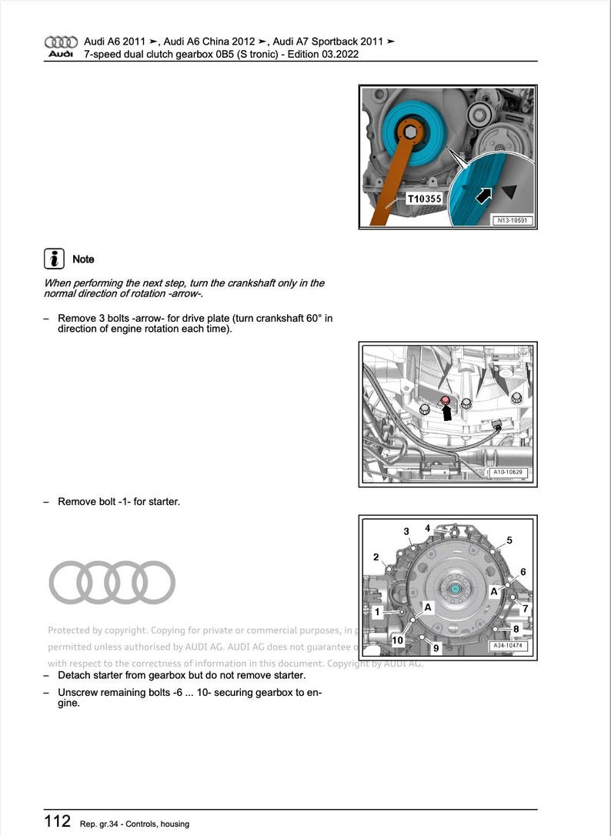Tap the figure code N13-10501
click(x=513, y=221)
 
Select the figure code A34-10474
click(x=510, y=646)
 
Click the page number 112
click(x=57, y=821)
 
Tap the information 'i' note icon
click(x=53, y=259)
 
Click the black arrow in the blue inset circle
click(x=484, y=196)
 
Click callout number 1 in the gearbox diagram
click(x=377, y=611)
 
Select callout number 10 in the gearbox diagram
click(x=397, y=640)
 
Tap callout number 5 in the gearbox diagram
click(x=509, y=540)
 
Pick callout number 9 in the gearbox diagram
click(x=436, y=648)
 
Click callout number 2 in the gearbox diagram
click(x=376, y=557)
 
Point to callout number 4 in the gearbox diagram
click(x=428, y=528)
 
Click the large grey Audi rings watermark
click(x=112, y=582)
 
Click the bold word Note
click(x=83, y=259)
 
